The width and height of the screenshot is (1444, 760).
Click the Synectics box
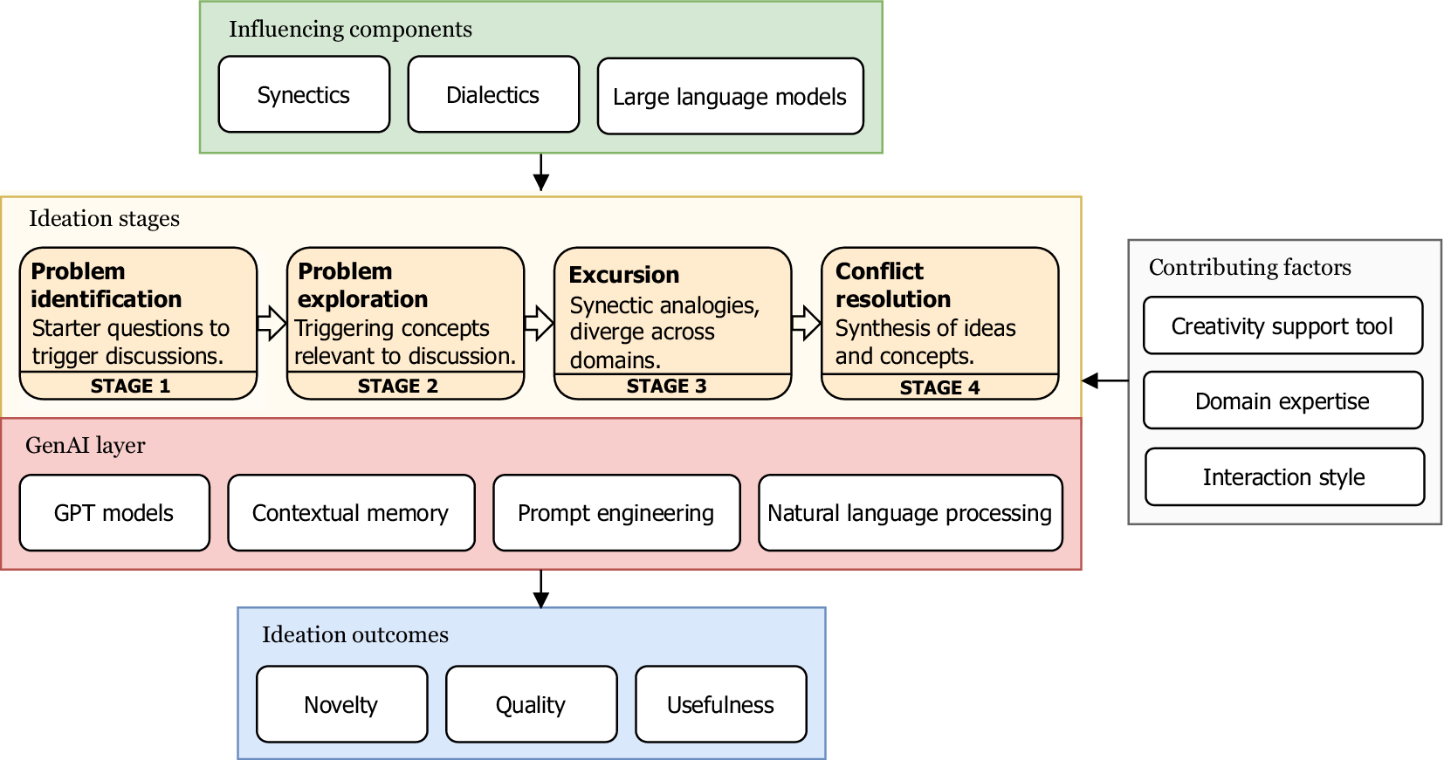[x=304, y=95]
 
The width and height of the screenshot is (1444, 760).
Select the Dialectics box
[x=493, y=95]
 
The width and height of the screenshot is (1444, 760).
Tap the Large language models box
[x=730, y=97]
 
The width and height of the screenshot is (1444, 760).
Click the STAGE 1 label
[x=131, y=386]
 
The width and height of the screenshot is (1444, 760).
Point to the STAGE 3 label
[x=666, y=386]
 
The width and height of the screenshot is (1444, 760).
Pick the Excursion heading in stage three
[x=624, y=275]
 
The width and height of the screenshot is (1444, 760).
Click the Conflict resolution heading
[x=893, y=285]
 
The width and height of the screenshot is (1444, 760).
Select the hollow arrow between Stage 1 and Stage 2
[x=272, y=324]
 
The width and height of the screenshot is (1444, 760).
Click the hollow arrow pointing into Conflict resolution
[x=807, y=324]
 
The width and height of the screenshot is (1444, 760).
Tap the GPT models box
[x=114, y=513]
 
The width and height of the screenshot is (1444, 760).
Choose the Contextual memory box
[x=351, y=513]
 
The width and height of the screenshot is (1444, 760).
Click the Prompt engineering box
[x=616, y=513]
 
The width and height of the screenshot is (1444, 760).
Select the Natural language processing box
[x=910, y=513]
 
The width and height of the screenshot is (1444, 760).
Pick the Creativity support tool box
[x=1282, y=326]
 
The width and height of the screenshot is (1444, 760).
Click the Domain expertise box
[x=1282, y=401]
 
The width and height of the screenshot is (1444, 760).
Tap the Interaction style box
[x=1284, y=477]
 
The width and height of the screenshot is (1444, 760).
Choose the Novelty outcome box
[x=341, y=705]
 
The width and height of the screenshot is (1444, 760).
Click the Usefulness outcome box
[x=721, y=705]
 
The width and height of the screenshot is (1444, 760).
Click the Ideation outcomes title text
[x=355, y=634]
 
